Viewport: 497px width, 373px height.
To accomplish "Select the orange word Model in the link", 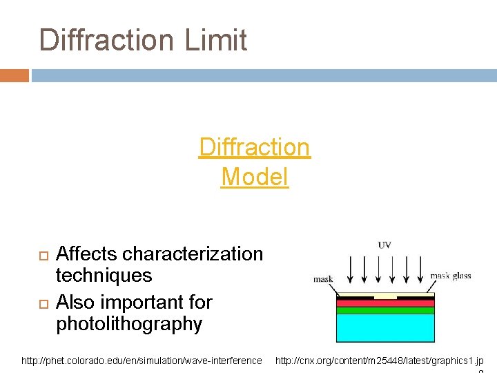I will coord(255,177).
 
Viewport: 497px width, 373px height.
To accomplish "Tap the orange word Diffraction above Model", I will coord(255,147).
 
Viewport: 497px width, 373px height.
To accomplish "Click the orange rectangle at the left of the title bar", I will coord(14,75).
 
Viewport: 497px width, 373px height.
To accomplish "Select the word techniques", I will coord(104,276).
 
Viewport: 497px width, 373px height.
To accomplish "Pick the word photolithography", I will coord(129,324).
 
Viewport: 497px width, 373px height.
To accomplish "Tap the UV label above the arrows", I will coord(385,246).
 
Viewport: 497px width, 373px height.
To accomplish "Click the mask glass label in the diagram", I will coord(450,276).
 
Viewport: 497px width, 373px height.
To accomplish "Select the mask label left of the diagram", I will coord(323,279).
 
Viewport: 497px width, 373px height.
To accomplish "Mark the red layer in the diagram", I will coord(385,302).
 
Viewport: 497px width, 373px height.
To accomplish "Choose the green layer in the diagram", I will coord(385,310).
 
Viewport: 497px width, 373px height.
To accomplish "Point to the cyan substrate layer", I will coord(385,328).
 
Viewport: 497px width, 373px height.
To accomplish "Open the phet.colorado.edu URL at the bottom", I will coord(142,361).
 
